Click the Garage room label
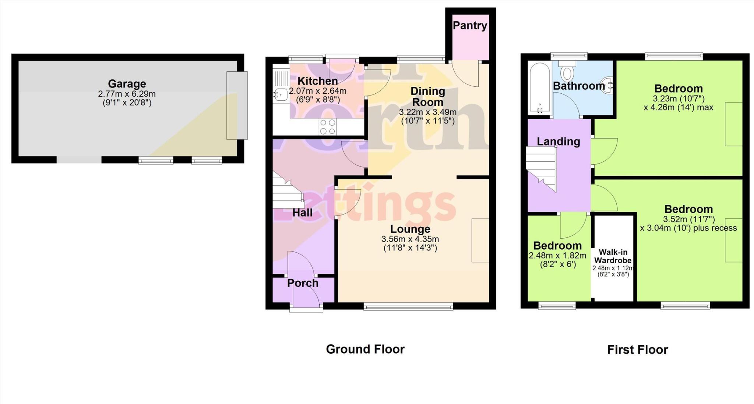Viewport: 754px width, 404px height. click(127, 84)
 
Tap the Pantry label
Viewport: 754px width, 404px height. click(470, 25)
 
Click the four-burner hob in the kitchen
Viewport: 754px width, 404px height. click(328, 127)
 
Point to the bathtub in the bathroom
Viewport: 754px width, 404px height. click(539, 88)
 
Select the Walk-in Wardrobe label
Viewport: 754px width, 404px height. click(613, 256)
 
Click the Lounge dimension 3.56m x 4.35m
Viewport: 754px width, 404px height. click(410, 239)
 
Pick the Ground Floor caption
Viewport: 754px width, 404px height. click(365, 349)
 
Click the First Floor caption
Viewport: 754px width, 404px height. click(637, 350)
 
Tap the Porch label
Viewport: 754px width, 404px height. click(303, 283)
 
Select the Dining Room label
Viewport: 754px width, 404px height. click(427, 96)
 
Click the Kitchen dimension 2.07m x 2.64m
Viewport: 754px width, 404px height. click(318, 91)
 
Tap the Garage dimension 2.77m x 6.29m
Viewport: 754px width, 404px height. click(127, 94)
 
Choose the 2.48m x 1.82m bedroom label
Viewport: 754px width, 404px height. click(557, 246)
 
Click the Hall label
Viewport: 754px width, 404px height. click(302, 212)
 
